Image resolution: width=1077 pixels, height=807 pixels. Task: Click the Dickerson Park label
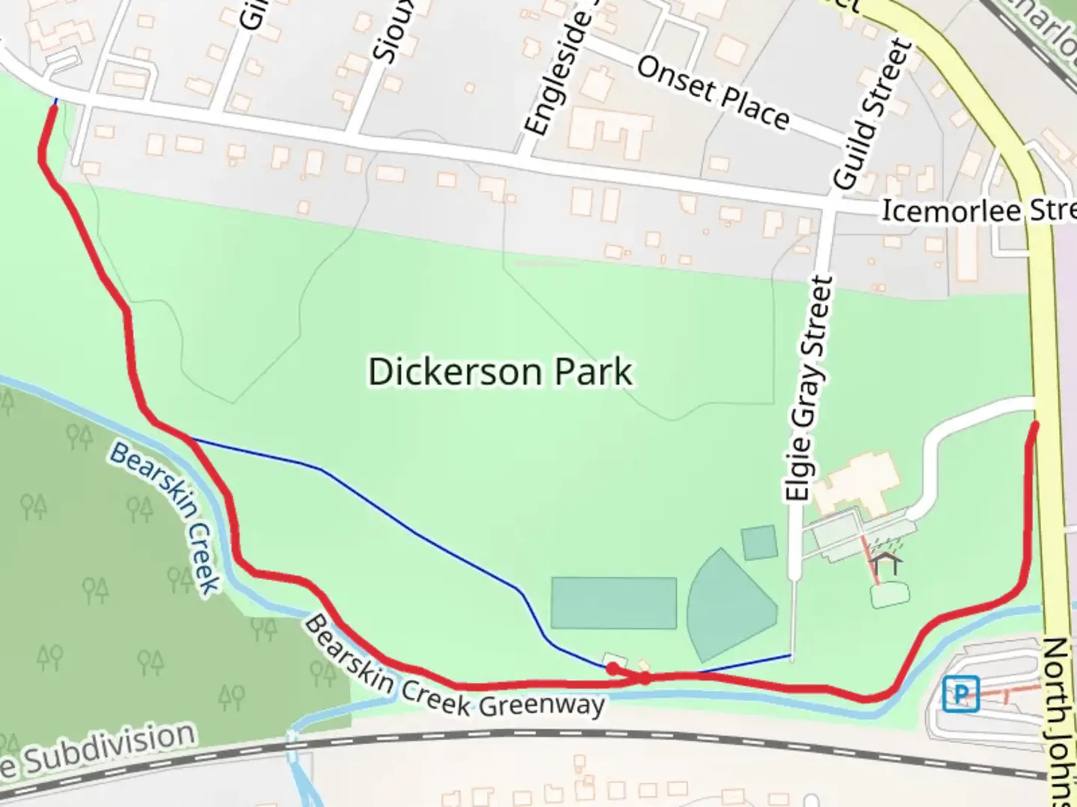500,372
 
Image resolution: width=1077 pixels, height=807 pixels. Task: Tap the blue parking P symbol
960,694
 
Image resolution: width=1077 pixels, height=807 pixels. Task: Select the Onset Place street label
712,93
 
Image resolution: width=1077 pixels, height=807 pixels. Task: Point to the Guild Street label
873,114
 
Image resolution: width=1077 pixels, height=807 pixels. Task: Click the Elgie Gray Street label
808,389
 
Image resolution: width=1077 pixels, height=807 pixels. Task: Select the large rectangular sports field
613,602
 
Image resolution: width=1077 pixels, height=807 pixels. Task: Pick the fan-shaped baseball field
729,605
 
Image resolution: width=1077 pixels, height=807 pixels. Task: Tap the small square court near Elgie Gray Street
759,542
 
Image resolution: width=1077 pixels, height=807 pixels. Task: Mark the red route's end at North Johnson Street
1036,425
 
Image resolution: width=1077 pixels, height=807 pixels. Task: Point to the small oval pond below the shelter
890,595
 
